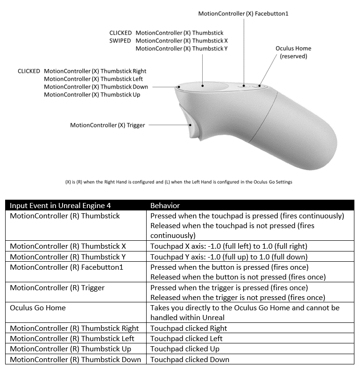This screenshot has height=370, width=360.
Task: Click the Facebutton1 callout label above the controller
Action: tap(243, 14)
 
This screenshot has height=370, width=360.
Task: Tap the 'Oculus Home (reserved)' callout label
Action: tap(293, 52)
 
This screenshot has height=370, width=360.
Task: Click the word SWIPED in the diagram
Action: tap(120, 41)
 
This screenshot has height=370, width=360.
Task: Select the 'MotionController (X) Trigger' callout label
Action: tap(107, 125)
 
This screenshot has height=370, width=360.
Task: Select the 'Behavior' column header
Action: tap(165, 205)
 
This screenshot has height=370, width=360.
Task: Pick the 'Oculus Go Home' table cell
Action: tap(38, 307)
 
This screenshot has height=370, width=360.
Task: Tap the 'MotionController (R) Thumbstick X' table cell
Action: tap(68, 246)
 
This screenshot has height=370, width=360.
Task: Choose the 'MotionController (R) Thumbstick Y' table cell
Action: tap(68, 257)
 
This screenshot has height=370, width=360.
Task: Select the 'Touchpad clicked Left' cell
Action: tap(186, 338)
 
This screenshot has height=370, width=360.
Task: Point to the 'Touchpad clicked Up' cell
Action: tap(184, 349)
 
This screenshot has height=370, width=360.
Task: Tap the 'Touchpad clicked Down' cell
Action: tap(190, 359)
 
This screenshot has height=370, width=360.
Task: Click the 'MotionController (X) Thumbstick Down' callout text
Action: tap(96, 87)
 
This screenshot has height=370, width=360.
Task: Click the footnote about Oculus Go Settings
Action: tap(179, 182)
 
